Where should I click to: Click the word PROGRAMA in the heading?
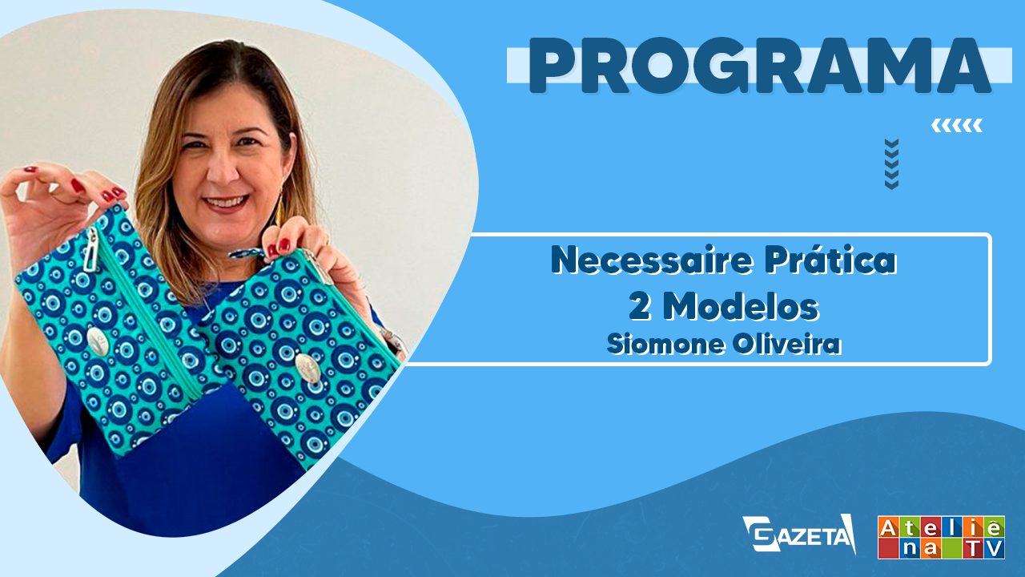point(760,66)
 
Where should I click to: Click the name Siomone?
point(665,345)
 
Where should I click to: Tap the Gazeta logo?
point(799,534)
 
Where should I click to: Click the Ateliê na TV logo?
point(941,537)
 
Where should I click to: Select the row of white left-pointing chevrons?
point(957,125)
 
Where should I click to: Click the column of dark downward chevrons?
point(892,164)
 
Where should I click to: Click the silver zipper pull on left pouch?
point(90,248)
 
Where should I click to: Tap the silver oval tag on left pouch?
point(97,341)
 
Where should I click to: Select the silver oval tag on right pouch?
point(307,369)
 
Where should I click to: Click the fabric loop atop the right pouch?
point(248,254)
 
